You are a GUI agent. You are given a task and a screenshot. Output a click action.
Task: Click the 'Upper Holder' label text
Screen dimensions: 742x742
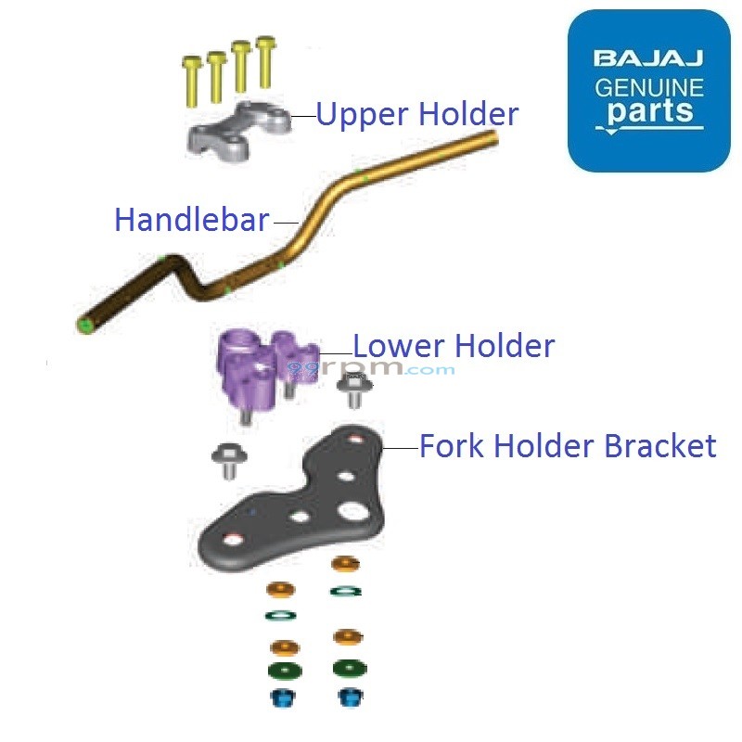(x=416, y=114)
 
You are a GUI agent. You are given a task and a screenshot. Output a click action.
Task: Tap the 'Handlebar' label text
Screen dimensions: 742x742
(x=191, y=221)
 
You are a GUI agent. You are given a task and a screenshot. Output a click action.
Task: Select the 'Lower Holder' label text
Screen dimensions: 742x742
(x=454, y=346)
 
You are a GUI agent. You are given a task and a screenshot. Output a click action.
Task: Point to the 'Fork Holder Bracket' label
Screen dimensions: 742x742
(x=568, y=446)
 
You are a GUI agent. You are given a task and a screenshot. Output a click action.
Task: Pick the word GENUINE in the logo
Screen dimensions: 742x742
(x=648, y=89)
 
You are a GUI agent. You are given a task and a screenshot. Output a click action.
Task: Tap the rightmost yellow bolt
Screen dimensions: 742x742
(x=266, y=58)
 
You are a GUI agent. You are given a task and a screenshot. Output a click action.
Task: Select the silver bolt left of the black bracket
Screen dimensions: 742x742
(x=225, y=459)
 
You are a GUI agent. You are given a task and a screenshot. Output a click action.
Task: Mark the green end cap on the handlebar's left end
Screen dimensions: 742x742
(x=84, y=324)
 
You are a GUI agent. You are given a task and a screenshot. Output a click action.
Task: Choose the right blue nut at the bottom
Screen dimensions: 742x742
(x=348, y=697)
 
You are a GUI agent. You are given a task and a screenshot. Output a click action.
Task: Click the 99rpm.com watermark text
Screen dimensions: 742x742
(x=371, y=369)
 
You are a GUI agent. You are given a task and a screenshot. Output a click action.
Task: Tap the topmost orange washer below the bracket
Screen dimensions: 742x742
(x=344, y=563)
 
